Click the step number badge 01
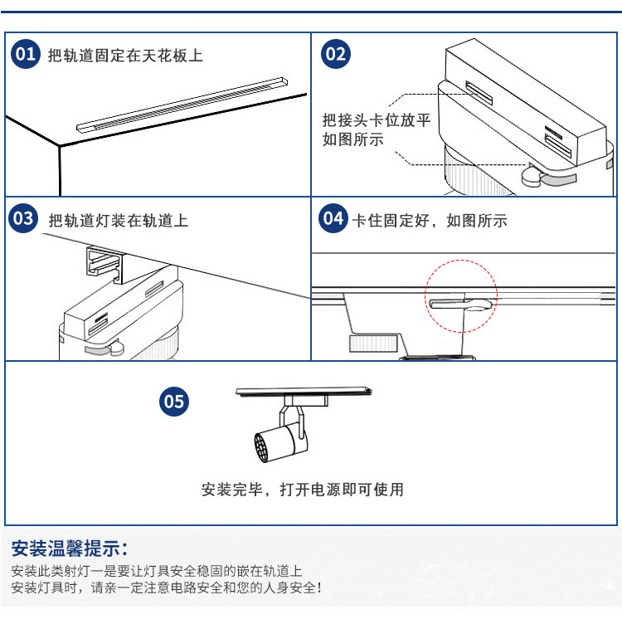click(26, 55)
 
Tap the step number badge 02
click(335, 55)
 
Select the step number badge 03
click(23, 219)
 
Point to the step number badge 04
click(333, 219)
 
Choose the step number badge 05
click(174, 402)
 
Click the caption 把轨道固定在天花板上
click(125, 56)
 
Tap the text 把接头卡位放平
click(376, 120)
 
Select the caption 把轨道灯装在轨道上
click(119, 221)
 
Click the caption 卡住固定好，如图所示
click(430, 221)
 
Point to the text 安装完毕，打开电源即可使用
click(303, 490)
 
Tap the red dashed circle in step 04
click(462, 296)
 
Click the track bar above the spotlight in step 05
click(304, 389)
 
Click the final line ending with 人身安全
click(166, 588)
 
